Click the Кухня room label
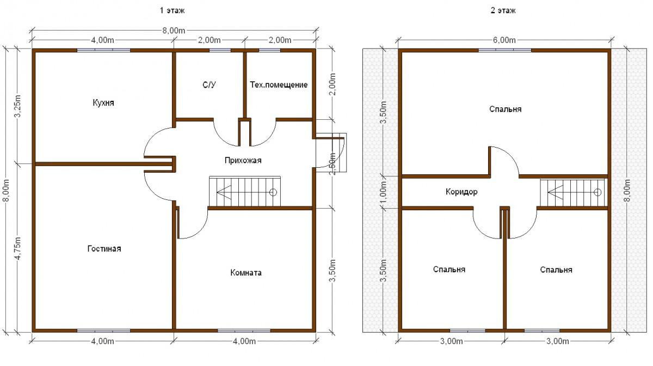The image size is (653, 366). click(x=103, y=103)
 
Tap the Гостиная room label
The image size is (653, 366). click(x=104, y=249)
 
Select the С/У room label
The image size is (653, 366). click(x=210, y=85)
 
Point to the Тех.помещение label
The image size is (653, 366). click(x=279, y=85)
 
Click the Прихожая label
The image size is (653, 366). click(x=243, y=160)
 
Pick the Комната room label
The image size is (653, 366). click(x=246, y=273)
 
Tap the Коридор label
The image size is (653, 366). click(x=461, y=192)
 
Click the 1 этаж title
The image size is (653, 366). click(x=172, y=10)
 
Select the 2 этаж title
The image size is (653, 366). click(x=503, y=10)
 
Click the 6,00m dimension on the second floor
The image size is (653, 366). click(x=504, y=40)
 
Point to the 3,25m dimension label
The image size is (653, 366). click(x=18, y=106)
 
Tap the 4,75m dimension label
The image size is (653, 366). click(x=18, y=248)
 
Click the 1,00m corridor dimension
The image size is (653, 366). click(x=383, y=192)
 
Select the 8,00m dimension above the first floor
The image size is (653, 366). click(x=174, y=30)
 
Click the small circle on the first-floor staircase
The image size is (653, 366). click(x=273, y=192)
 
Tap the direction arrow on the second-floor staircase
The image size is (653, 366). click(x=556, y=193)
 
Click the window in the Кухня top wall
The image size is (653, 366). click(x=103, y=50)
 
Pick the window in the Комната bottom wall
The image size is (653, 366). click(x=244, y=331)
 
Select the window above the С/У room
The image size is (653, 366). click(x=220, y=50)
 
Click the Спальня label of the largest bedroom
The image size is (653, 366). click(x=505, y=109)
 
